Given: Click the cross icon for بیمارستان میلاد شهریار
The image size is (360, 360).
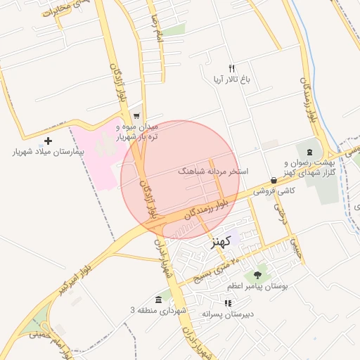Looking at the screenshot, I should [48, 141].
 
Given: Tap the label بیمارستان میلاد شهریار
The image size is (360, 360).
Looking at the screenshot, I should [48, 151].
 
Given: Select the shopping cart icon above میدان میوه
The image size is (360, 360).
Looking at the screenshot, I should [136, 117].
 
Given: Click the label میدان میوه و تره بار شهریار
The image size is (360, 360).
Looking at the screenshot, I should [138, 131].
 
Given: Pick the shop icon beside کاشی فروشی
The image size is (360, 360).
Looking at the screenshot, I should [273, 181].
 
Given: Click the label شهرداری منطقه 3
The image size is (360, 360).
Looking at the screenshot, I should [157, 310].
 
